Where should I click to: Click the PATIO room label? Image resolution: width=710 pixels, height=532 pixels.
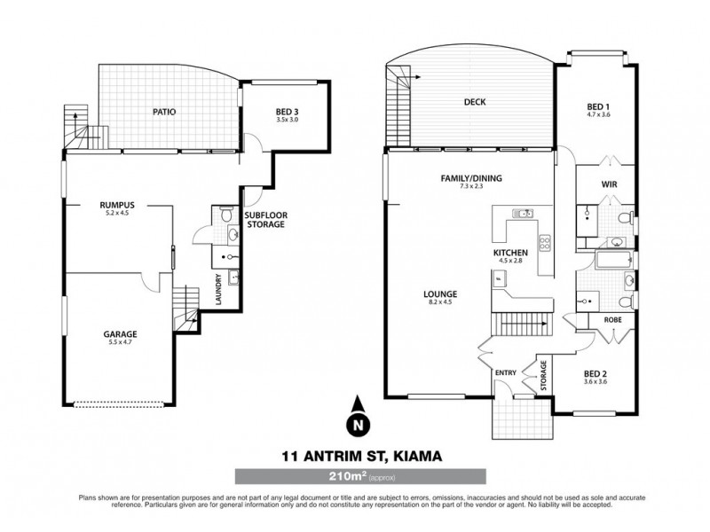pyautogui.click(x=164, y=113)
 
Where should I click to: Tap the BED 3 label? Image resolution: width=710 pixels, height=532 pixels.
pyautogui.click(x=286, y=111)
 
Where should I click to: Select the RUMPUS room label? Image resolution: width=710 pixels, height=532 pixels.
pyautogui.click(x=116, y=205)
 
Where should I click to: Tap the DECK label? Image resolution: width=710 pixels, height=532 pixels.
pyautogui.click(x=475, y=102)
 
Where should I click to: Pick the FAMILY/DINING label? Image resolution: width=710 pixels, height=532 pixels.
pyautogui.click(x=471, y=178)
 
